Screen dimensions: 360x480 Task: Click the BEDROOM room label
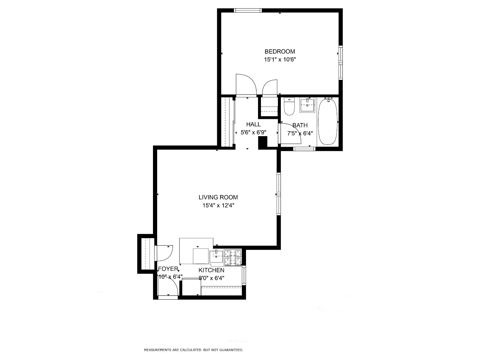[x=279, y=51]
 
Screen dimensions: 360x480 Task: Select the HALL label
[x=253, y=124]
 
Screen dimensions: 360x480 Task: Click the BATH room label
[x=300, y=125]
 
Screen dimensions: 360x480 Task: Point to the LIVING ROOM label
[x=218, y=197]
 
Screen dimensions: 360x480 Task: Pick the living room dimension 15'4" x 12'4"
[x=218, y=205]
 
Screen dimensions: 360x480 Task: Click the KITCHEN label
[x=211, y=270]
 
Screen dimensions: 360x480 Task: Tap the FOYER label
[x=168, y=269]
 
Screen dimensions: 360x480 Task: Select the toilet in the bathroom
[x=289, y=106]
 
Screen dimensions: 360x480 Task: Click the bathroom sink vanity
[x=307, y=105]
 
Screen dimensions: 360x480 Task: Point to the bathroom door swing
[x=292, y=133]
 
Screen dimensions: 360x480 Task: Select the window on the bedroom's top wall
[x=248, y=10]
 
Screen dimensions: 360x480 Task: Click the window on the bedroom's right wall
[x=340, y=63]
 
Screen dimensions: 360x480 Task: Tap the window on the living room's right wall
[x=279, y=194]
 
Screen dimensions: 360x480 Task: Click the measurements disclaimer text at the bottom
[x=193, y=350]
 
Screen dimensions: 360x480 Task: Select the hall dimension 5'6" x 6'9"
[x=253, y=132]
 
